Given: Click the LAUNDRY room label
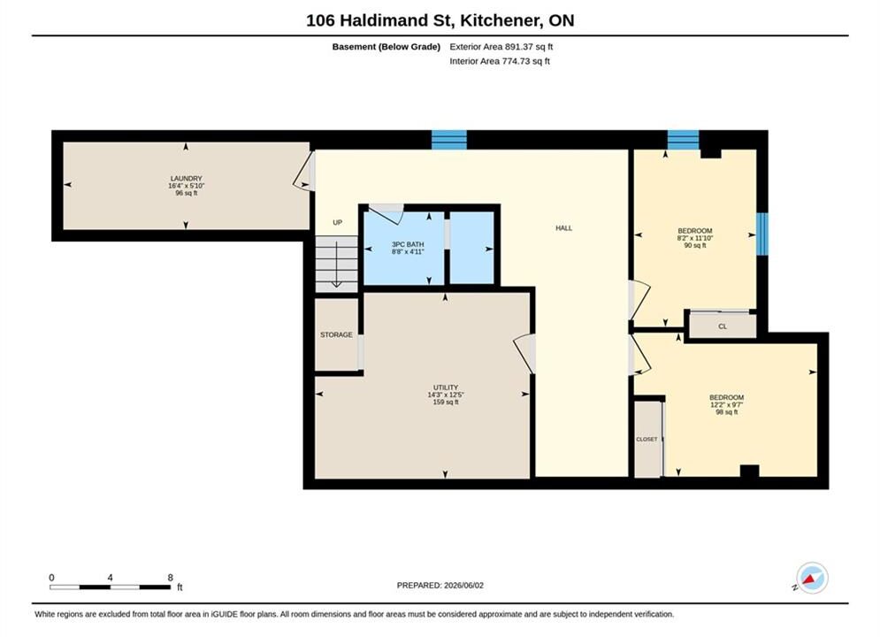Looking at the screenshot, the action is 187,179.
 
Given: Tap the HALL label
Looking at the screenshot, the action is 564,228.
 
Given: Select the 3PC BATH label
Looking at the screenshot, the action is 408,245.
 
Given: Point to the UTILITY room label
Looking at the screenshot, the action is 446,388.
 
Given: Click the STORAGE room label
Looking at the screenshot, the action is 336,335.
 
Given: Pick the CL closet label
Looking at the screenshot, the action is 723,326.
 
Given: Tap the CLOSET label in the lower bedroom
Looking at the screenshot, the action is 647,440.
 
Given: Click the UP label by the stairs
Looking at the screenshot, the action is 337,223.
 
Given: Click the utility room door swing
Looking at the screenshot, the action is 523,354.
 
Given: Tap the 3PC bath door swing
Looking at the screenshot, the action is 386,214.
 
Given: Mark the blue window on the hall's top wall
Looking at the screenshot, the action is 449,140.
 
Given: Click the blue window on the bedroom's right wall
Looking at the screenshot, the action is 762,234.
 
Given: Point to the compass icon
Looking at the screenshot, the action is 812,578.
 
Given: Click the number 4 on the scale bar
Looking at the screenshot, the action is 110,578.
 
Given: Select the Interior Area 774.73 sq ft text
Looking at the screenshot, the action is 500,61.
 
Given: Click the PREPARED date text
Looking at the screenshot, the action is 440,586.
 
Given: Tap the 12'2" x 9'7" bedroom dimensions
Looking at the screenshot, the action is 727,405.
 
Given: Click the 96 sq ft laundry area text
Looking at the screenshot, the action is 187,193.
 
